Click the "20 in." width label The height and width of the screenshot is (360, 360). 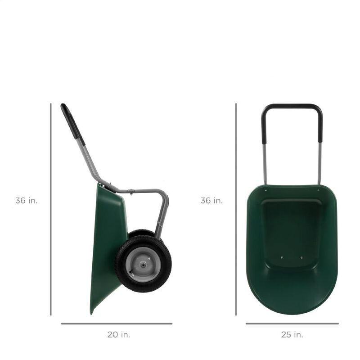pos(119,334)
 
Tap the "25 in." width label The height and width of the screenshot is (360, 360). pos(292,334)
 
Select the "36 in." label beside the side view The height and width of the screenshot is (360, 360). pos(27,201)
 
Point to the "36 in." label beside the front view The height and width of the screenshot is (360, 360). pos(211,201)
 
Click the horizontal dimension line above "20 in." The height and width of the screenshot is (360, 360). pos(117,323)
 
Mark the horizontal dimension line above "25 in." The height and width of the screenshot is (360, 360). pos(292,323)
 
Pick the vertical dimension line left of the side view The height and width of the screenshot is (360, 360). pos(50,209)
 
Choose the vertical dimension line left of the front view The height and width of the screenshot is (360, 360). pos(236,209)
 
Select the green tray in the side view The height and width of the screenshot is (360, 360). pos(108,238)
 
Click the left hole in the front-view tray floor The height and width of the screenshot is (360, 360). pos(282,257)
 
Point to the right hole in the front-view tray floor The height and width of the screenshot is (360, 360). pos(301,257)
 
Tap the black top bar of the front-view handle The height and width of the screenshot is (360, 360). pos(292,107)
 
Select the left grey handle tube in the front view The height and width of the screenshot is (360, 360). pos(265,162)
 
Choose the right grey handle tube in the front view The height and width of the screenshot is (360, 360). pos(319,162)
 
